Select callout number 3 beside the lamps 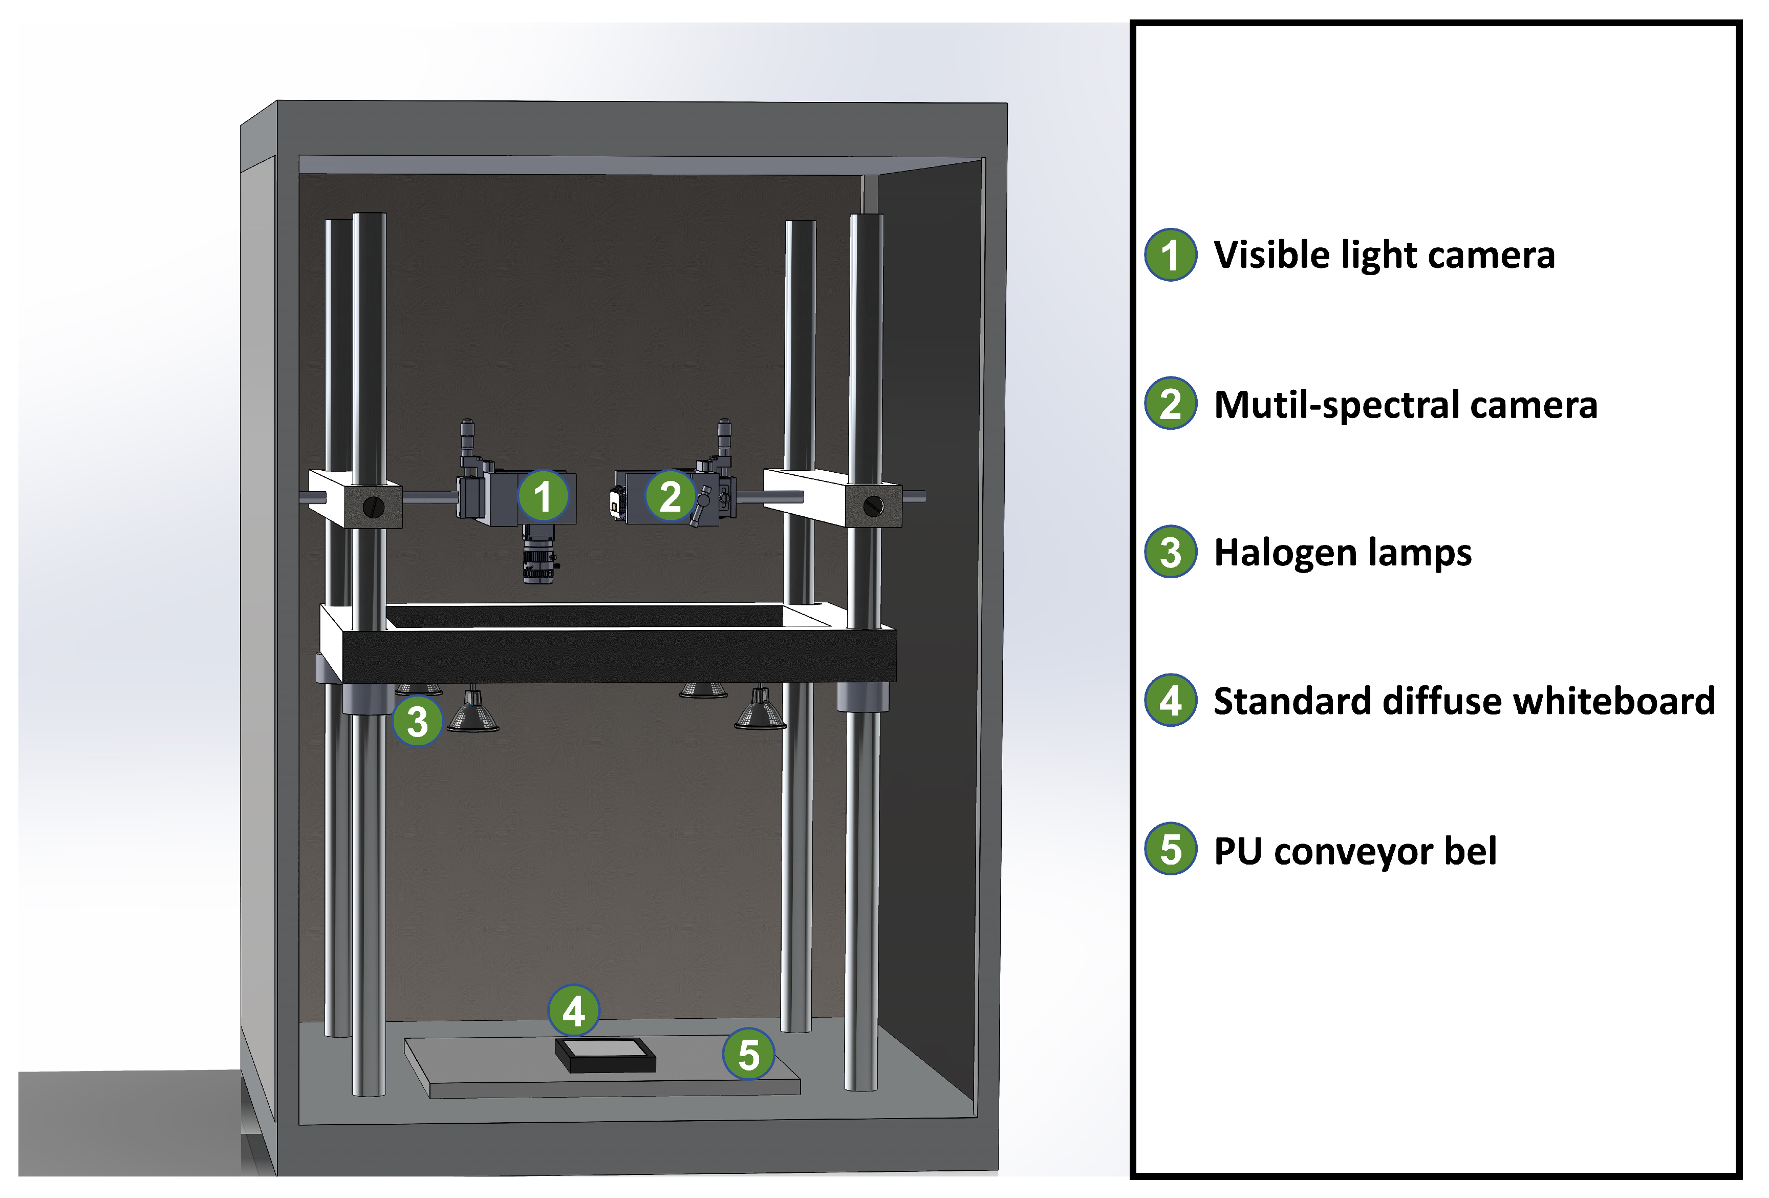[x=417, y=721]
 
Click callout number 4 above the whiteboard [x=573, y=1011]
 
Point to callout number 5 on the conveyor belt [x=748, y=1055]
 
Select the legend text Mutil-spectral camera [x=1405, y=405]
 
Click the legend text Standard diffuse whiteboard [x=1463, y=701]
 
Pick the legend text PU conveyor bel [x=1354, y=851]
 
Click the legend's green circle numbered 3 [x=1171, y=552]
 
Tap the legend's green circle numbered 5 [x=1171, y=849]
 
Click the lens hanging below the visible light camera [x=539, y=560]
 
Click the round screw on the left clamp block [x=373, y=507]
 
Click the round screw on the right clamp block [x=873, y=505]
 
